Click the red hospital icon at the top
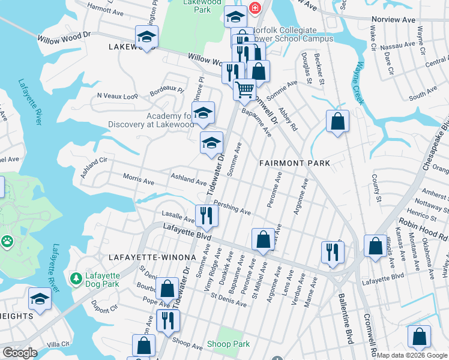point(255,8)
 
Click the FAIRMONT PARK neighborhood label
point(295,163)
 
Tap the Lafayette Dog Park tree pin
point(76,278)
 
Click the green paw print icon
point(7,241)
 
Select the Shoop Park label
point(228,344)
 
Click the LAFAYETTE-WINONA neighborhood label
point(152,257)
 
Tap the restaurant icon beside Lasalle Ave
point(206,215)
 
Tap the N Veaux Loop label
point(118,95)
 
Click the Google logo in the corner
point(20,353)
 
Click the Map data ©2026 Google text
point(412,355)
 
